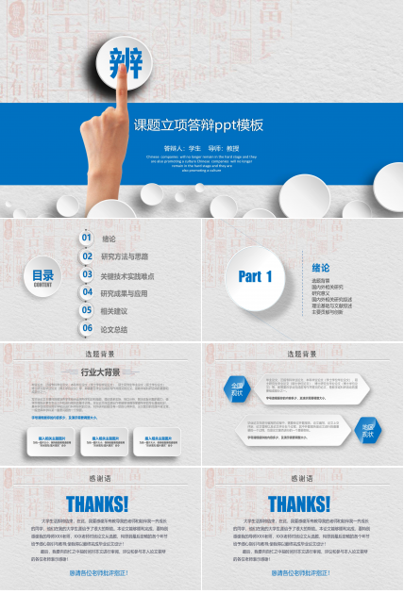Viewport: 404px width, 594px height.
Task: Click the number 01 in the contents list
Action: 87,239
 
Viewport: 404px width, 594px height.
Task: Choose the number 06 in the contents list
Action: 87,329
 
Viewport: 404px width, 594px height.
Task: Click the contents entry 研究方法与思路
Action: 125,256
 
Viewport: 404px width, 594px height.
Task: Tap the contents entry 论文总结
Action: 114,329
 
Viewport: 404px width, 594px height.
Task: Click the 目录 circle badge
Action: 43,275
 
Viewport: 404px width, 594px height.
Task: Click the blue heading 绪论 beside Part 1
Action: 321,267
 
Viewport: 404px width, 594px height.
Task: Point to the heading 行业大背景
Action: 100,372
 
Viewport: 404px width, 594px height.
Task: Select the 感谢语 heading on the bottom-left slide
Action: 99,478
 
